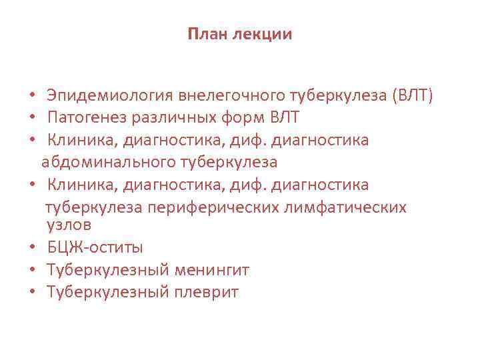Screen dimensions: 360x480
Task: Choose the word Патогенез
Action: (81, 119)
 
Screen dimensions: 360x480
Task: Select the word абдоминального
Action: (109, 161)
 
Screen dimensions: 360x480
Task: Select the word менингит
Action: (211, 270)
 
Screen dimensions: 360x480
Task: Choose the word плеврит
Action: (205, 292)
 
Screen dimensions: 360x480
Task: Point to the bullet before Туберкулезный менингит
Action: (31, 271)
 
